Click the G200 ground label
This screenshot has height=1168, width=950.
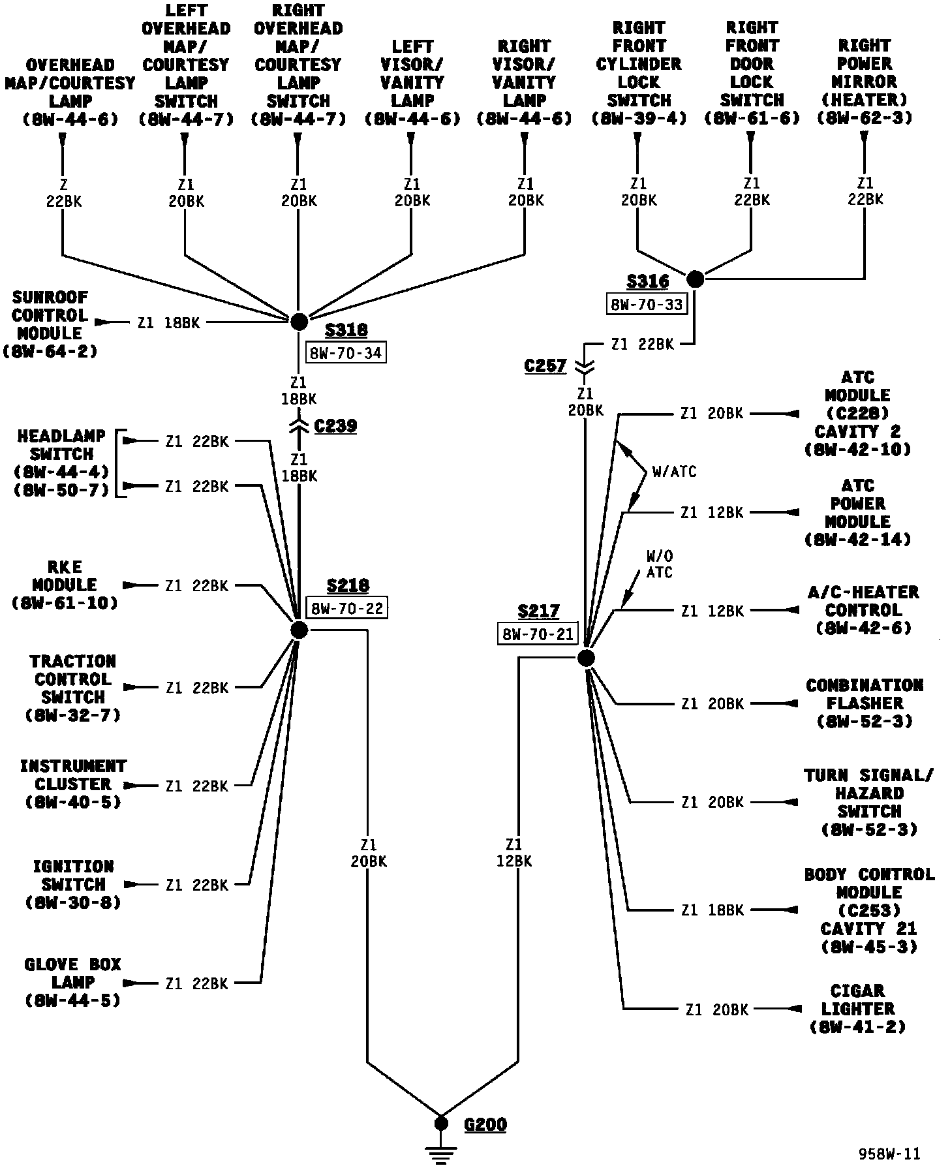pyautogui.click(x=485, y=1124)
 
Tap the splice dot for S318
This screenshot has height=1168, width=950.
pyautogui.click(x=299, y=322)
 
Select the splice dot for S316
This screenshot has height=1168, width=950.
pyautogui.click(x=696, y=279)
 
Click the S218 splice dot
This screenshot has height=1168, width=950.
pyautogui.click(x=299, y=630)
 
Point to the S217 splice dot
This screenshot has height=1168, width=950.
pyautogui.click(x=586, y=658)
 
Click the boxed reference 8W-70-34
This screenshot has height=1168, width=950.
pyautogui.click(x=346, y=353)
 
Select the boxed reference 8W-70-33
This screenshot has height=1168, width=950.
pyautogui.click(x=647, y=304)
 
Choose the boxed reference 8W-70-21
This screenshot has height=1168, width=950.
pyautogui.click(x=538, y=634)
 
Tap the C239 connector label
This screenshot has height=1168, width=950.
pyautogui.click(x=335, y=426)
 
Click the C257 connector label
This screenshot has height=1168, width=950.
pyautogui.click(x=545, y=366)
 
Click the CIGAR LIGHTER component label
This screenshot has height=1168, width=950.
pyautogui.click(x=857, y=1008)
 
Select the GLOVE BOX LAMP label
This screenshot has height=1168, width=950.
pyautogui.click(x=72, y=982)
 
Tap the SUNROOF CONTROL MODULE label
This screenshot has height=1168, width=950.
pyautogui.click(x=50, y=324)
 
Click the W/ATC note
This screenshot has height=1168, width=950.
pyautogui.click(x=674, y=471)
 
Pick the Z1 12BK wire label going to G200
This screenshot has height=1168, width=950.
pyautogui.click(x=514, y=853)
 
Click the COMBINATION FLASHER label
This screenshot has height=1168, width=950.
pyautogui.click(x=864, y=703)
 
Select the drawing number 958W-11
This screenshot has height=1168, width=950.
pyautogui.click(x=889, y=1154)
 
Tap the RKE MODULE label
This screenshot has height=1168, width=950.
pyautogui.click(x=65, y=585)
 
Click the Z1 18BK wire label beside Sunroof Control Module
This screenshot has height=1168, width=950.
pyautogui.click(x=168, y=322)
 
